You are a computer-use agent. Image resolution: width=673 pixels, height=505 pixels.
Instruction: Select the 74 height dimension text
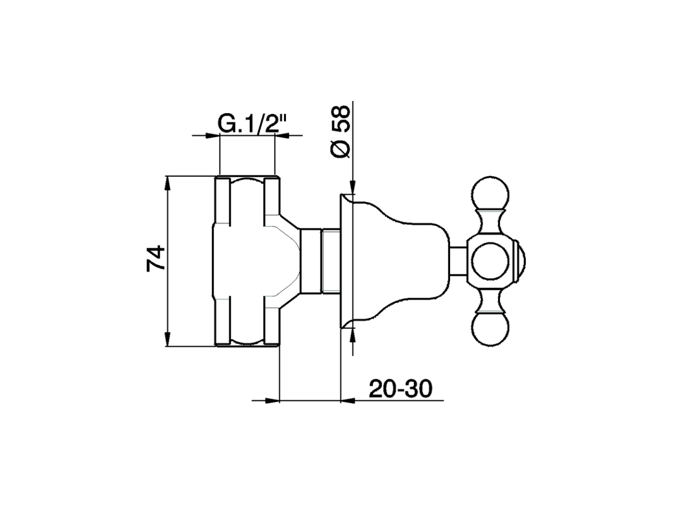point(156,258)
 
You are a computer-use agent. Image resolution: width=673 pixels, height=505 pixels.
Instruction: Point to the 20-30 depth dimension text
point(400,389)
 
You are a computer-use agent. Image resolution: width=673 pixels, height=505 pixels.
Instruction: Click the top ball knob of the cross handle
point(491,195)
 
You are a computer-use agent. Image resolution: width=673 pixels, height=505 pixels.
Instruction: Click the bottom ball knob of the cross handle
point(491,329)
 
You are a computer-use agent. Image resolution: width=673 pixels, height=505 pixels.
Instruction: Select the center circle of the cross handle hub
point(491,261)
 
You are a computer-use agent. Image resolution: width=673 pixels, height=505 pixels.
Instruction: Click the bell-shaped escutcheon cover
point(389,261)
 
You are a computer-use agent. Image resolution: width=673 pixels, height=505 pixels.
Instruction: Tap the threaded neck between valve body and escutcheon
point(330,261)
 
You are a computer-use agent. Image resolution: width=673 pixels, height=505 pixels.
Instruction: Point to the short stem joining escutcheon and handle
point(458,261)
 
